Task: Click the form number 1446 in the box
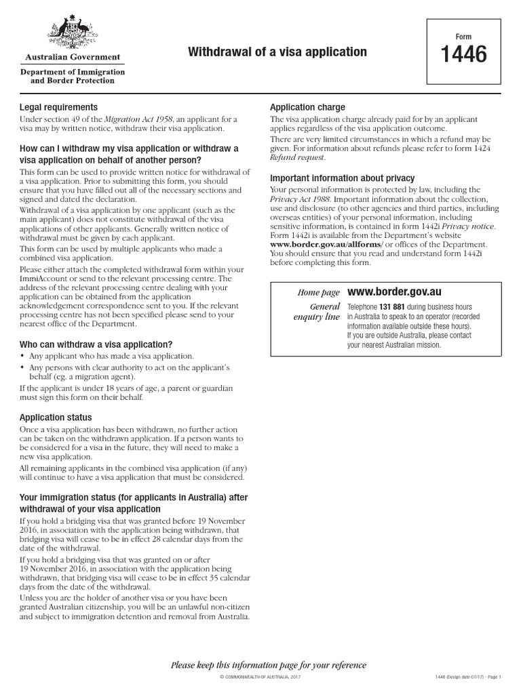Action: (x=464, y=55)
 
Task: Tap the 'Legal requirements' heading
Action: (x=58, y=107)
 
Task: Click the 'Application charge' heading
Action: (x=307, y=107)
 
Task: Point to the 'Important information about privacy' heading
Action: (x=343, y=178)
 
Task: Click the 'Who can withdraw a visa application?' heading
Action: (x=96, y=344)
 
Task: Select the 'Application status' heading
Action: (x=56, y=417)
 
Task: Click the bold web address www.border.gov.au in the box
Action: (x=394, y=291)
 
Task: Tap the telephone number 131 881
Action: (x=393, y=307)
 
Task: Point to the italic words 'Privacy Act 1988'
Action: (x=301, y=199)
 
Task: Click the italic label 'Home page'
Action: (x=318, y=293)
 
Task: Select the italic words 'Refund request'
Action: (x=297, y=157)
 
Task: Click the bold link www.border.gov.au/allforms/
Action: (x=326, y=244)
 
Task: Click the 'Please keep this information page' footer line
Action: (x=268, y=665)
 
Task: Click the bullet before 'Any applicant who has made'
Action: (x=22, y=356)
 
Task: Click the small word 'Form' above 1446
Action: (x=464, y=37)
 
